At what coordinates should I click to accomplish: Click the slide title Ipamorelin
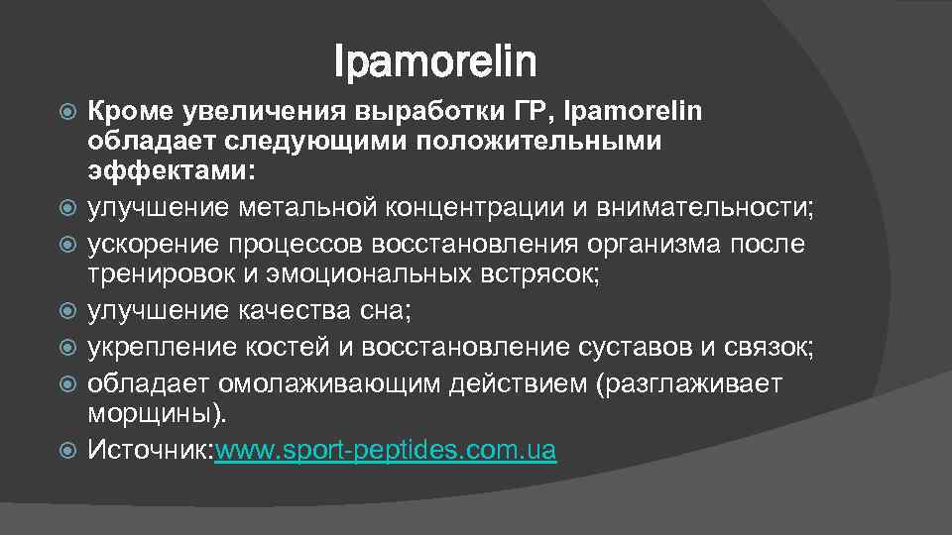pos(435,62)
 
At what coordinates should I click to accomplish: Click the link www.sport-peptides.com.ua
pos(386,451)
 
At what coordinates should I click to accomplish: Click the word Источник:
pos(151,451)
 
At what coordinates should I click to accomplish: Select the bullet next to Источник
pos(68,451)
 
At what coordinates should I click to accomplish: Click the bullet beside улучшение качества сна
pos(68,311)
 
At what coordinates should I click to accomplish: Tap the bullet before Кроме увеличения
pos(68,110)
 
